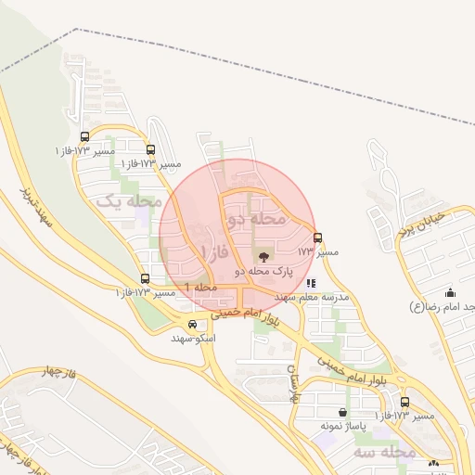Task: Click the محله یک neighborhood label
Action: [130, 200]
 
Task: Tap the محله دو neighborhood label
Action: [256, 220]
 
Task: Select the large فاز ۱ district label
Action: [214, 251]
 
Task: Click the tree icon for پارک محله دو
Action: [263, 256]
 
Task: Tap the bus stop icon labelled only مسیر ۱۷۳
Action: [318, 237]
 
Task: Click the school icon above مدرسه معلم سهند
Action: [311, 283]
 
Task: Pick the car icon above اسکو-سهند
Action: [192, 324]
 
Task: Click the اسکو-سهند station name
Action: [192, 338]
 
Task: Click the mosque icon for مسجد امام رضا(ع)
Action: [451, 293]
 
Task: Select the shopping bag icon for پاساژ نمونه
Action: [343, 411]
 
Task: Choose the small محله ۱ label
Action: [200, 288]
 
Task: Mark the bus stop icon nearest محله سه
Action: [404, 402]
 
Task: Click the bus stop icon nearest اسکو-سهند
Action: [145, 278]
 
